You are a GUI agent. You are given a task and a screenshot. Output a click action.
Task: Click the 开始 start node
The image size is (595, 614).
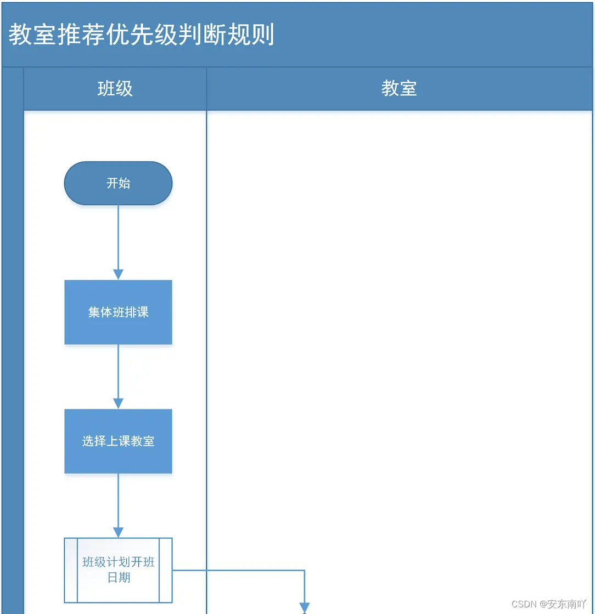pyautogui.click(x=118, y=183)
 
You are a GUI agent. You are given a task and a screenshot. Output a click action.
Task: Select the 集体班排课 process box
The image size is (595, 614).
pyautogui.click(x=118, y=312)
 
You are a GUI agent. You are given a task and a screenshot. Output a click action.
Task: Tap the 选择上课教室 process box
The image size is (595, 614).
pyautogui.click(x=118, y=441)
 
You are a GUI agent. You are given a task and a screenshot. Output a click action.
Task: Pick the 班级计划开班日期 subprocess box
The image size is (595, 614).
pyautogui.click(x=118, y=570)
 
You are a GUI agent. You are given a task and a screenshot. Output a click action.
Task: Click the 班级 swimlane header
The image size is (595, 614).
pyautogui.click(x=115, y=89)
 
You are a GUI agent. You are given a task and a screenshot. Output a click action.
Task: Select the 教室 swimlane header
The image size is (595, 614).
pyautogui.click(x=399, y=89)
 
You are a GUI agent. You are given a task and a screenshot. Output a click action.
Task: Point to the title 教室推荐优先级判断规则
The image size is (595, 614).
pyautogui.click(x=142, y=35)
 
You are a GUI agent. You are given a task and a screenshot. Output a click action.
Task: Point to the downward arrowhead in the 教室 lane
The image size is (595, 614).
pyautogui.click(x=304, y=607)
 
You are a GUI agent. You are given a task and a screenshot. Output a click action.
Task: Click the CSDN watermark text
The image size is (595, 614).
pyautogui.click(x=524, y=604)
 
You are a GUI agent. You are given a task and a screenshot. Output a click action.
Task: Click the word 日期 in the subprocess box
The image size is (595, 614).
pyautogui.click(x=119, y=577)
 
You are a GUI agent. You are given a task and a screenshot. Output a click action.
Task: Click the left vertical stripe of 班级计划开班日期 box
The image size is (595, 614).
pyautogui.click(x=71, y=570)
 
